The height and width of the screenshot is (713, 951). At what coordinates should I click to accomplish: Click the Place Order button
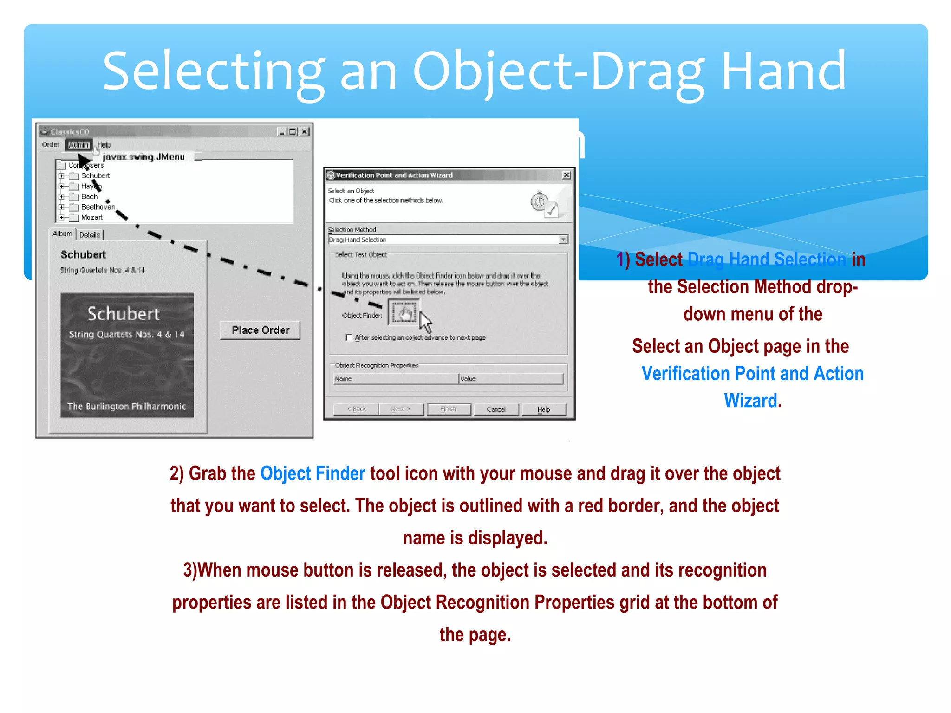click(260, 330)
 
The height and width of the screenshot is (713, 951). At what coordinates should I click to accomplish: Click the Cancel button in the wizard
click(495, 409)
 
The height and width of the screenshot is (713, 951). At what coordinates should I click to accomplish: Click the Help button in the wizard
click(544, 409)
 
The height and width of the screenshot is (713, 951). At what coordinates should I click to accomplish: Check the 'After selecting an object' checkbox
click(349, 337)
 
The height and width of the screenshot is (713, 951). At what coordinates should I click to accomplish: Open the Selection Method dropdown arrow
click(563, 240)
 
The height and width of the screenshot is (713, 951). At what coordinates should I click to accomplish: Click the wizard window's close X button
click(566, 175)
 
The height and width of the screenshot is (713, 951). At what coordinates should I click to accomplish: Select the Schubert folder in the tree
click(95, 175)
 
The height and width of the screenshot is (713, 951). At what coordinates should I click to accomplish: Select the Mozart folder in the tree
click(91, 217)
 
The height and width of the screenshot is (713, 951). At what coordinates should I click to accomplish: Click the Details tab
click(90, 235)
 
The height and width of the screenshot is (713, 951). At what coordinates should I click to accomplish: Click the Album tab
click(63, 233)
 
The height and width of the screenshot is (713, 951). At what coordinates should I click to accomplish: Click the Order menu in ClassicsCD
click(51, 144)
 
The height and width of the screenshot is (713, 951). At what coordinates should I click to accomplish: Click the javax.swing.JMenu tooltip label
click(143, 157)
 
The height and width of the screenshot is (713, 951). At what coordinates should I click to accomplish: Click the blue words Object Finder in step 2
click(313, 473)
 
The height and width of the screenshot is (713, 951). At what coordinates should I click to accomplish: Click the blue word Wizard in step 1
click(750, 401)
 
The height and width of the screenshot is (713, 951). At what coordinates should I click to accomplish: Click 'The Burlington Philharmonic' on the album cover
click(126, 407)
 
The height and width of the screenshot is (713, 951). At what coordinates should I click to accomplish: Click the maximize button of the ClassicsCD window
click(292, 131)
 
